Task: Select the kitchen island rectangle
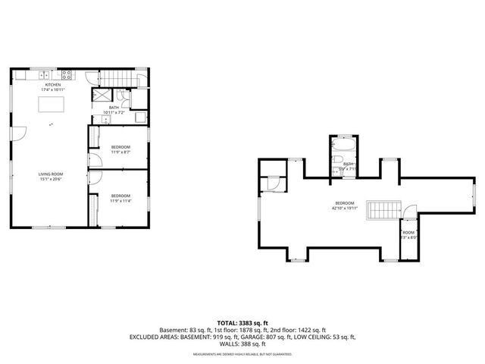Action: coord(51,103)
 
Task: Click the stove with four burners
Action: coord(67,74)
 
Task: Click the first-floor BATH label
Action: coord(114,108)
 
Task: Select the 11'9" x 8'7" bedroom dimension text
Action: coord(120,152)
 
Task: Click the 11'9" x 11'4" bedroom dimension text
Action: coord(120,202)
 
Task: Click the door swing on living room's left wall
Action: coord(20,133)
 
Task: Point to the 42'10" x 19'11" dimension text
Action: coord(345,207)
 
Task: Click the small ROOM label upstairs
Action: coord(409,232)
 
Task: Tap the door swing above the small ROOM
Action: coord(410,213)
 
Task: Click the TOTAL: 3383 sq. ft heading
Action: coord(242,322)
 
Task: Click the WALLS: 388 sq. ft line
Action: coord(242,345)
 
